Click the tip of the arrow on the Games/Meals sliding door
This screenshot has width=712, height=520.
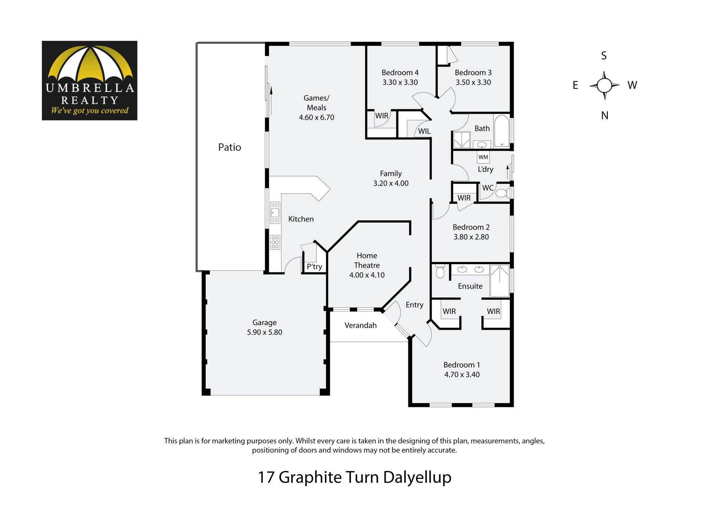[271, 87]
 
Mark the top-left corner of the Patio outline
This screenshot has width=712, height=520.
[197, 43]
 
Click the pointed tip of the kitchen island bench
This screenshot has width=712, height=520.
[330, 189]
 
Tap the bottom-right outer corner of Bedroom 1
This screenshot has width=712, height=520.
[514, 407]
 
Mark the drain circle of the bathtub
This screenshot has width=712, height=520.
[502, 145]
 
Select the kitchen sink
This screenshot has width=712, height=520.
[275, 213]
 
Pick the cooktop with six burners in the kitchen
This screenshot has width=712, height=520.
[275, 242]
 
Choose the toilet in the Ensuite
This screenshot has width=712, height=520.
[440, 271]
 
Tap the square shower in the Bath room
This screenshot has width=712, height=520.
[462, 140]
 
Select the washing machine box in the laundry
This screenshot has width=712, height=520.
[483, 157]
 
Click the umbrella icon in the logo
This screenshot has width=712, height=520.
[90, 63]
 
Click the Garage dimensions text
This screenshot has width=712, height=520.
[264, 332]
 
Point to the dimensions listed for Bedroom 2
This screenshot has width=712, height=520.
[471, 237]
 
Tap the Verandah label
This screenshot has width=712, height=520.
[360, 325]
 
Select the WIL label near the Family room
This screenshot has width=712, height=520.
[424, 131]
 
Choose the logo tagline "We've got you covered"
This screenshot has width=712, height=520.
[90, 111]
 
